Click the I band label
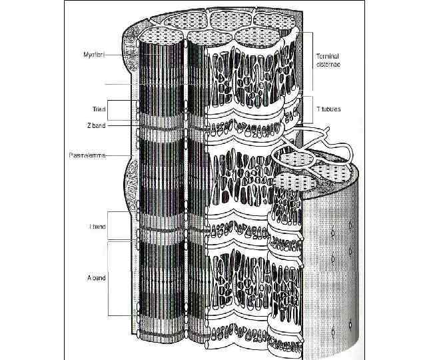(x=98, y=227)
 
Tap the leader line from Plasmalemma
(x=123, y=156)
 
